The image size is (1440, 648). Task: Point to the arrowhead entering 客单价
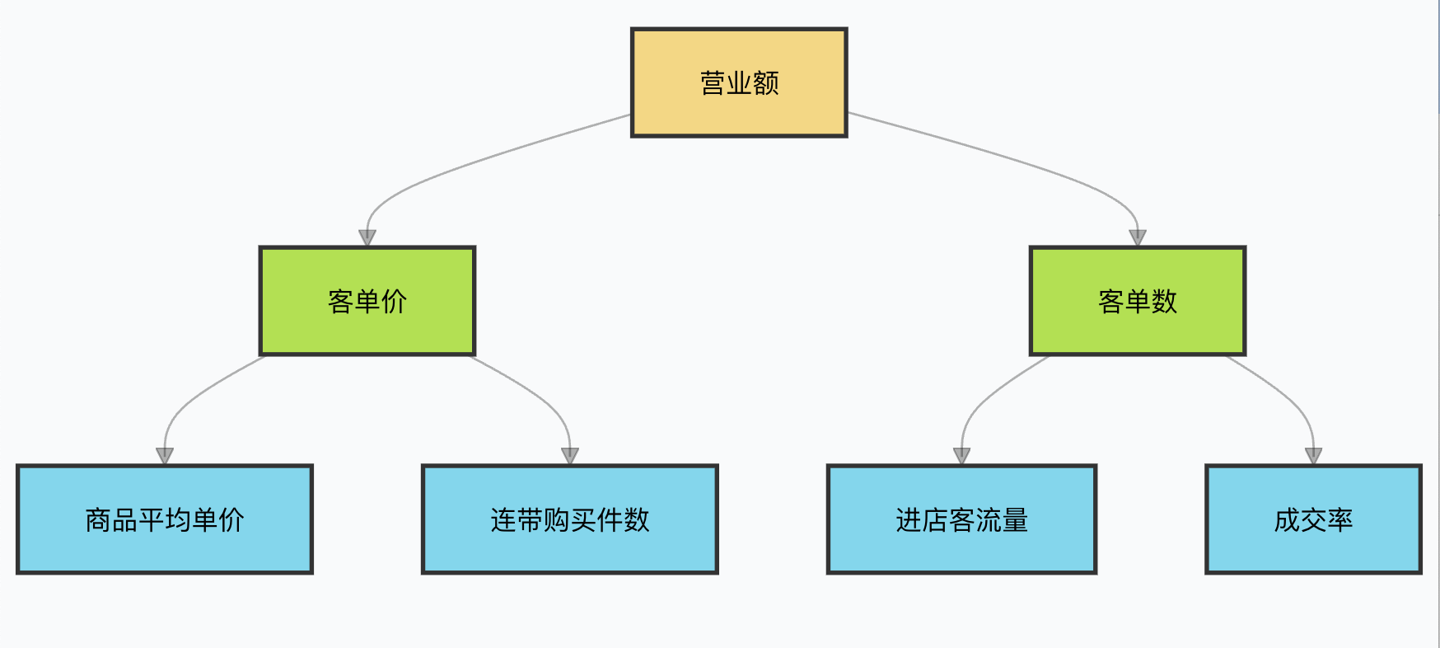367,238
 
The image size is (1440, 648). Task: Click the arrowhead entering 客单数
1138,238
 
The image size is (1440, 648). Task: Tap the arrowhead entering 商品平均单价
165,457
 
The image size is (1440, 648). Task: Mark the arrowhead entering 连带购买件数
570,457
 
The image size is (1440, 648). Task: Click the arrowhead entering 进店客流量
961,457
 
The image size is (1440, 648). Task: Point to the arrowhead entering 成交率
1314,457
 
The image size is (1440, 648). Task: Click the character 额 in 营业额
766,82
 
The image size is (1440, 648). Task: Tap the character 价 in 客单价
395,302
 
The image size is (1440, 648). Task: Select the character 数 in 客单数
1164,302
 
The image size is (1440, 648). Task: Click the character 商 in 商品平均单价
98,520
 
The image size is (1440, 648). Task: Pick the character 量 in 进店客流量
1015,520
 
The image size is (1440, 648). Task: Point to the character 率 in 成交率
1340,520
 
